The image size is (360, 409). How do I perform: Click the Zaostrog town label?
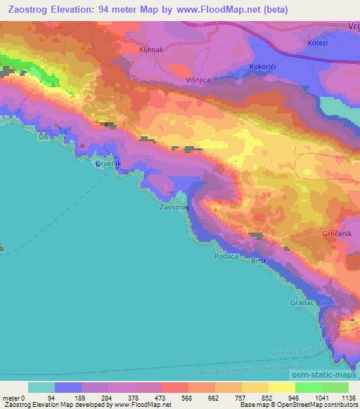(x=174, y=208)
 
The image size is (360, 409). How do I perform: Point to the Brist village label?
(x=259, y=261)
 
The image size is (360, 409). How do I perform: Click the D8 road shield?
(x=44, y=136)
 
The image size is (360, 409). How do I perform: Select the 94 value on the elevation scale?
(x=51, y=398)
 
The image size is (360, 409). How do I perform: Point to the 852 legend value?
(x=265, y=398)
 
